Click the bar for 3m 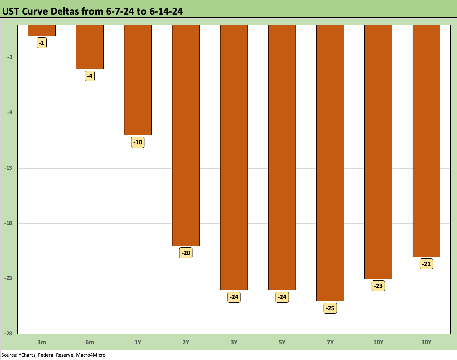click(x=42, y=30)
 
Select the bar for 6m click(x=90, y=47)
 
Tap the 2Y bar click(x=186, y=135)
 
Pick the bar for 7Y click(x=330, y=163)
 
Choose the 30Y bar click(x=426, y=141)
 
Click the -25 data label click(x=330, y=308)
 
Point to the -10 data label click(x=138, y=142)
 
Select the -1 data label click(x=42, y=43)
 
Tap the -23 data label click(x=378, y=286)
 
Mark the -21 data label click(x=426, y=264)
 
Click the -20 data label click(x=186, y=253)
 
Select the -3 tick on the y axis click(x=10, y=57)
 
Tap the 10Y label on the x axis click(x=378, y=342)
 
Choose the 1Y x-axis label click(x=138, y=342)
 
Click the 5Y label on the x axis click(x=282, y=342)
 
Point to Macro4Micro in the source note click(x=91, y=355)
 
